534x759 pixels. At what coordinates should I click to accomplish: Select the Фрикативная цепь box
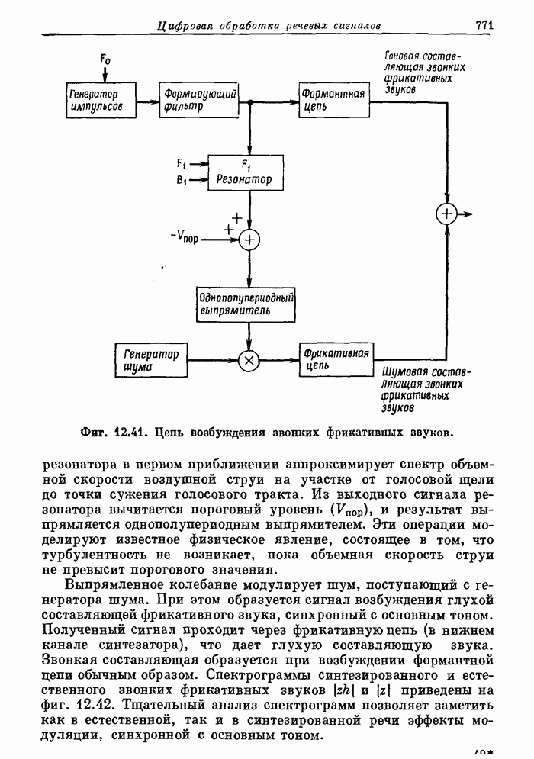click(x=336, y=360)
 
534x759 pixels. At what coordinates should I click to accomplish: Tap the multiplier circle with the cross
click(x=249, y=361)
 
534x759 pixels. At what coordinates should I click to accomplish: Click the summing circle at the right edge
click(x=446, y=214)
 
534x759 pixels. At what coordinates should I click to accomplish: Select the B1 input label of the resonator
click(x=181, y=180)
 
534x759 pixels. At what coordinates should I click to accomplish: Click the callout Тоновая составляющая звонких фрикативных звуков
click(x=424, y=72)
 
